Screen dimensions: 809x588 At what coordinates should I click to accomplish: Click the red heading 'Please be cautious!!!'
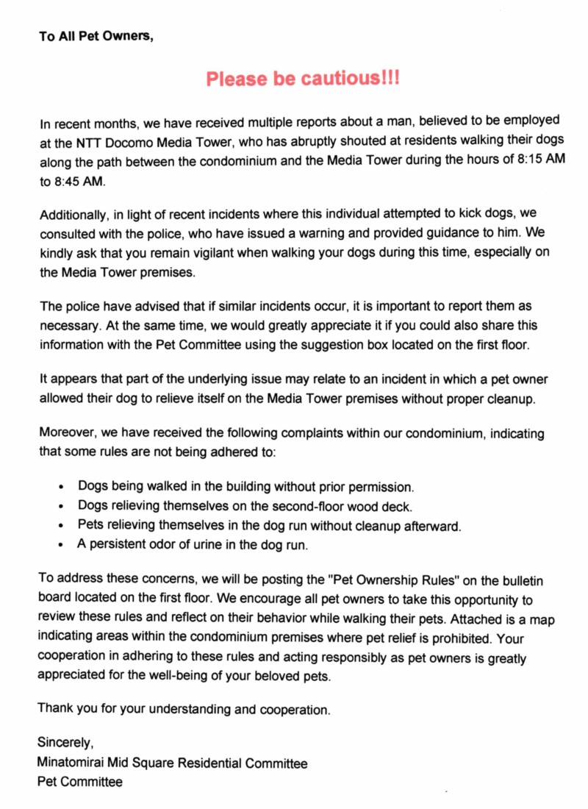pyautogui.click(x=303, y=79)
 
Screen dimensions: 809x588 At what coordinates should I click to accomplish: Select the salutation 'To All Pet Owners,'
pyautogui.click(x=96, y=36)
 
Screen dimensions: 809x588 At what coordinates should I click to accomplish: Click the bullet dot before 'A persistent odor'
pyautogui.click(x=62, y=546)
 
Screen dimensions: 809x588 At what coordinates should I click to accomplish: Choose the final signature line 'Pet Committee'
pyautogui.click(x=80, y=782)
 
